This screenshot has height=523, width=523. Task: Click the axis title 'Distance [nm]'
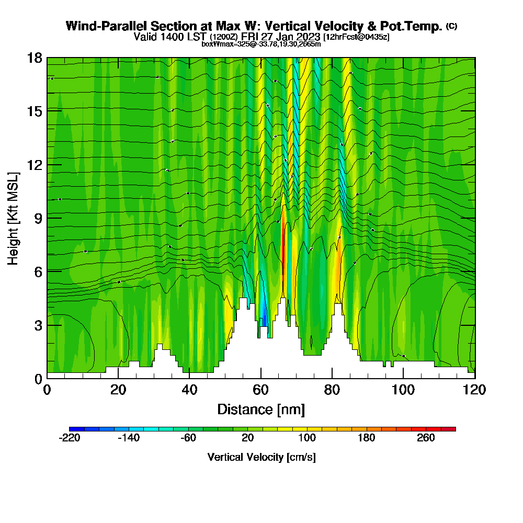[260, 409]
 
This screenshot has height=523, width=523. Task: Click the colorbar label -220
[70, 438]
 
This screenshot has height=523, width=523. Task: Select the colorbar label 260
[426, 438]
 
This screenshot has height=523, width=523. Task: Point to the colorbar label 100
[307, 438]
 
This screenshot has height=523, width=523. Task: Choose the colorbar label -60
[188, 438]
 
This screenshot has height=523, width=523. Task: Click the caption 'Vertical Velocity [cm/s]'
[261, 457]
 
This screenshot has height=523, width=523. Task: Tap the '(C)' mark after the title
[452, 26]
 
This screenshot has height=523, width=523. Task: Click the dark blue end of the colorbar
[73, 429]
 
